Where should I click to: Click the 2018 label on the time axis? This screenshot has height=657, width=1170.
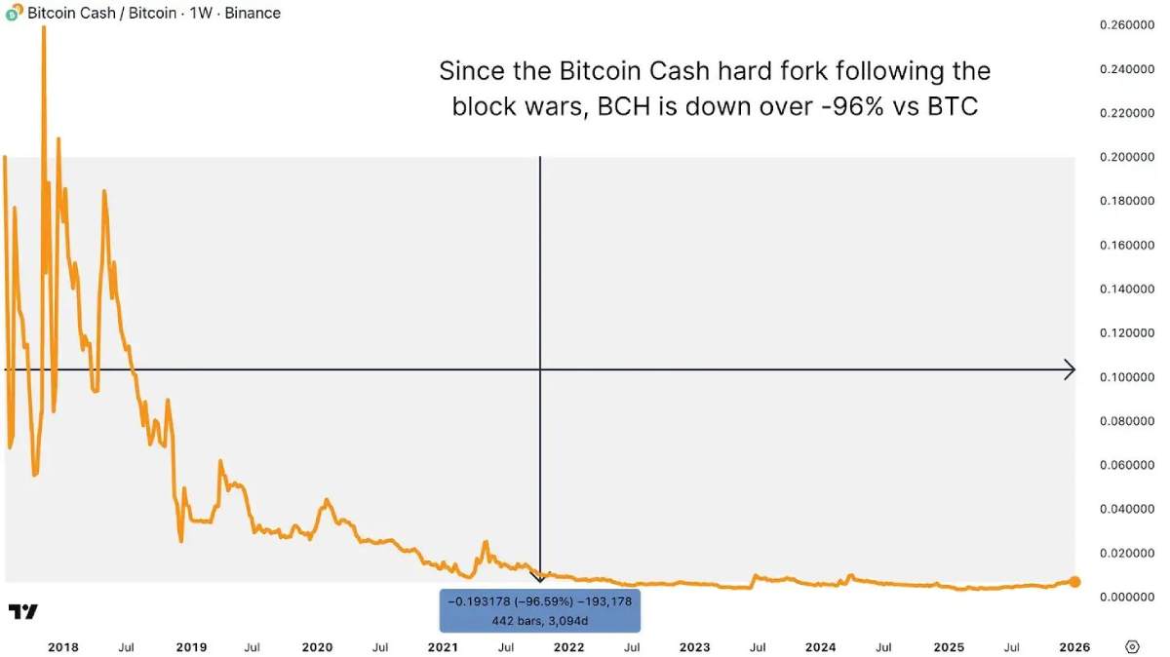pos(63,646)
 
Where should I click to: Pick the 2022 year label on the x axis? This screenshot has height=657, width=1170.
pos(568,646)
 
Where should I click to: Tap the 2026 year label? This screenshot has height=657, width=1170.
pos(1073,646)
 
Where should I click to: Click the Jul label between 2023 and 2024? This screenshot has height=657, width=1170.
pos(758,646)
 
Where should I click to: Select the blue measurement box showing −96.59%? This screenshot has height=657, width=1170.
pos(540,610)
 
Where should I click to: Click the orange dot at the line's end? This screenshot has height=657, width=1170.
pos(1074,582)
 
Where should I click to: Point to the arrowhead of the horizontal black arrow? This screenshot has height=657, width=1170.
pos(1070,369)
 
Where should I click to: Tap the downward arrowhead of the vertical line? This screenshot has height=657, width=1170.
pos(540,578)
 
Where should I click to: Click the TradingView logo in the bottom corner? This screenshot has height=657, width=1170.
pos(23,612)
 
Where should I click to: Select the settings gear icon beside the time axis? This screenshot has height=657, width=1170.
pos(1132,646)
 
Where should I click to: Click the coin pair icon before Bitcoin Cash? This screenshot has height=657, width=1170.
pos(14,14)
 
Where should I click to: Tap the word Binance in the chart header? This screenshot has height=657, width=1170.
pos(253,14)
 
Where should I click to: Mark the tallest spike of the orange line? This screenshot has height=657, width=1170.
pos(44,29)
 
